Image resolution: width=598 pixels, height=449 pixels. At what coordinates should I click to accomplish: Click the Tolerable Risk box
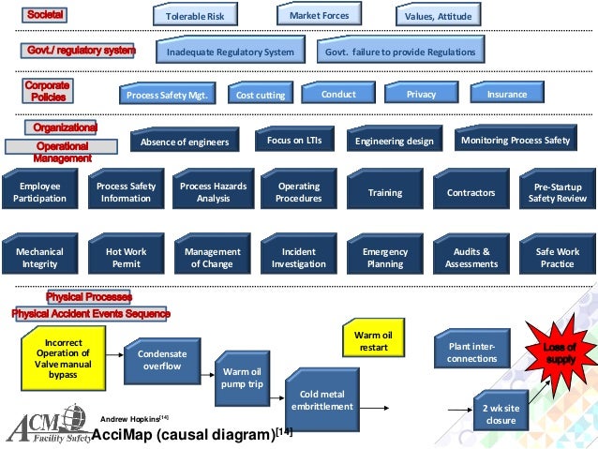tap(195, 16)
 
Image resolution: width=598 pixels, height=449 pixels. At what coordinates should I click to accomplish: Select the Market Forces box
tap(319, 15)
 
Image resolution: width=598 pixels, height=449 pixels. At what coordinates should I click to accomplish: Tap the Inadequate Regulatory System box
tap(230, 52)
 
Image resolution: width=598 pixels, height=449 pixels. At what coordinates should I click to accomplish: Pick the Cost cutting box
tap(260, 95)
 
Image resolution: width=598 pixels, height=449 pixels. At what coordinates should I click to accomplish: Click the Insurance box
tap(507, 94)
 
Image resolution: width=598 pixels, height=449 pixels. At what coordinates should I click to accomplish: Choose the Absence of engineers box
tap(184, 142)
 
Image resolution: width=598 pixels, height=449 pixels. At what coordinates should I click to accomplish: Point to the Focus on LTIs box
tap(294, 140)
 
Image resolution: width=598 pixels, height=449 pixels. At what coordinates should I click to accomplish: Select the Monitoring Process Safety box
tap(516, 141)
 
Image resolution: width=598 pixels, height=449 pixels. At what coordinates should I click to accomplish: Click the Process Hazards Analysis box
tap(214, 192)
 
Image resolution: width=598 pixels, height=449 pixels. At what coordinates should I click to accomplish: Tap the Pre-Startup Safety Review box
tap(558, 192)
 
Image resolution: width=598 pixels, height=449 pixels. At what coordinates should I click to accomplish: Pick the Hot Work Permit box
tap(126, 258)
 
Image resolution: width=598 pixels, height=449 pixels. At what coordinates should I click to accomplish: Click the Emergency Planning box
tap(385, 258)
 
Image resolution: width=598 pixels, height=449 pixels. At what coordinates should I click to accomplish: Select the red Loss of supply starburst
tap(559, 352)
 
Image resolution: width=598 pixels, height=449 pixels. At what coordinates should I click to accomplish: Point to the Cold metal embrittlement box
tap(321, 400)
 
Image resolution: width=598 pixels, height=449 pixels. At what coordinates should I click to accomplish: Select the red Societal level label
tap(46, 16)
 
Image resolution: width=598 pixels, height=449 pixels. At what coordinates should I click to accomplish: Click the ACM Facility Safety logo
tap(47, 427)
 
